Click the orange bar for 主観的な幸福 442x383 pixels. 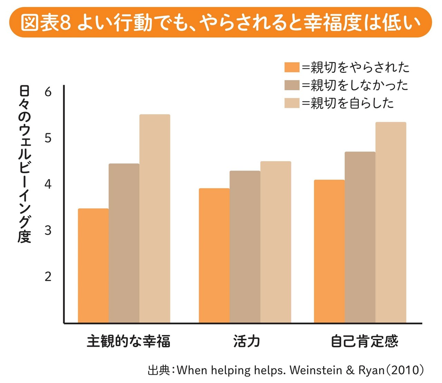coord(93,266)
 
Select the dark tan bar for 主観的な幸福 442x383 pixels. coord(124,243)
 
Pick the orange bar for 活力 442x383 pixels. coord(214,255)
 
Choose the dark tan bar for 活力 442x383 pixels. coord(245,247)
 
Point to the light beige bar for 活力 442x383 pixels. coord(276,242)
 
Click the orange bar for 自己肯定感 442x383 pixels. coord(329,251)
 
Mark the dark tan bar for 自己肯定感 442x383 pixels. coord(360,237)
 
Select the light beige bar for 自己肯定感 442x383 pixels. coord(391,223)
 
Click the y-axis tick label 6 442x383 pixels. coord(48,92)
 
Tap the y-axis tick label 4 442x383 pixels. coord(48,184)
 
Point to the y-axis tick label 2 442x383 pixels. coord(48,276)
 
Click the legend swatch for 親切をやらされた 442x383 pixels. coord(292,67)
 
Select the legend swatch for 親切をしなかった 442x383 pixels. coord(292,85)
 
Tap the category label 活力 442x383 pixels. coord(247,341)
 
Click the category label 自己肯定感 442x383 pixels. coord(364,341)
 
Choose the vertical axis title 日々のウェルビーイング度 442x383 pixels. coord(25,164)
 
